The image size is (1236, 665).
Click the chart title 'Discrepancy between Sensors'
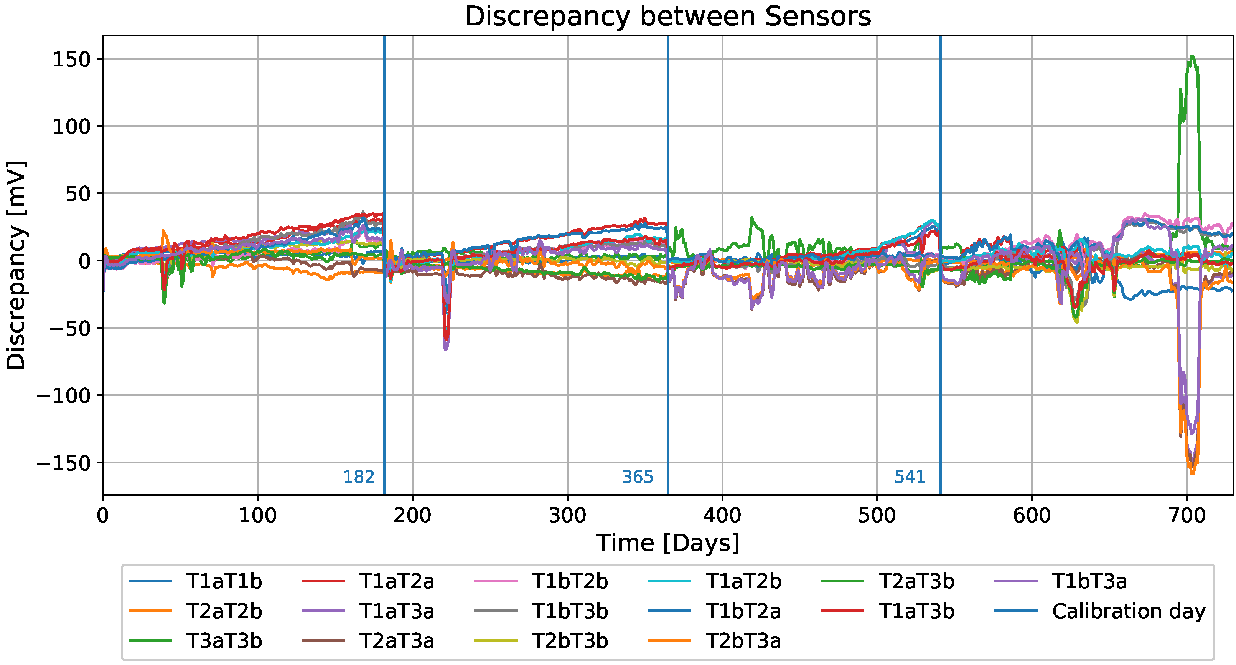coord(667,17)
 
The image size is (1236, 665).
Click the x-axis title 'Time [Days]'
coord(667,543)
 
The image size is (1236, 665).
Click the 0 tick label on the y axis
coord(84,261)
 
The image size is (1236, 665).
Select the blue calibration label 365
coord(637,477)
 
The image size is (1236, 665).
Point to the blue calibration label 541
coord(909,477)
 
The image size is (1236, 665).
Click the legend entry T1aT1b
coord(224,581)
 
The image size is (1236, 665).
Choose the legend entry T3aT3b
coord(224,641)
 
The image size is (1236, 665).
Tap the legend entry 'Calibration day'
coord(1129,611)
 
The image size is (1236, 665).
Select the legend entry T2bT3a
coord(743,641)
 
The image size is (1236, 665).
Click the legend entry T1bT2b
coord(570,581)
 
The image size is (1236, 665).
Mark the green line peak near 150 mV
coord(1192,57)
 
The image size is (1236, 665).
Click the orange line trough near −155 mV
coord(1192,473)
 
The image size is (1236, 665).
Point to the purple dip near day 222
coord(446,349)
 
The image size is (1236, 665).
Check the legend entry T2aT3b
coord(916,581)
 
